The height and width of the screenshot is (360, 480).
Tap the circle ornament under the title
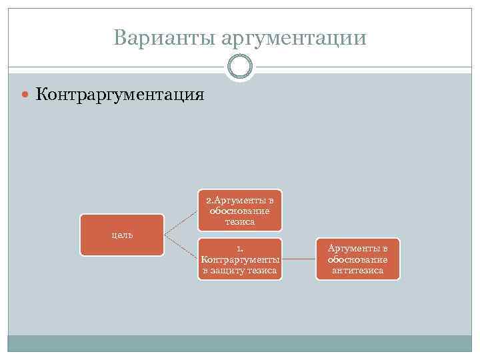pyautogui.click(x=240, y=67)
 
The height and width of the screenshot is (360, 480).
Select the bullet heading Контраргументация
pyautogui.click(x=120, y=94)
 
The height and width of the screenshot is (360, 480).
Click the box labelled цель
pyautogui.click(x=122, y=235)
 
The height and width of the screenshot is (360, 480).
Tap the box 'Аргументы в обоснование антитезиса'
pyautogui.click(x=358, y=259)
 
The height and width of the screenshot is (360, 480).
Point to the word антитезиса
pyautogui.click(x=358, y=270)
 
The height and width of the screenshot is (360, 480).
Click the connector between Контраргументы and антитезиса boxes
pyautogui.click(x=299, y=259)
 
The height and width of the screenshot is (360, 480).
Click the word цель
pyautogui.click(x=122, y=235)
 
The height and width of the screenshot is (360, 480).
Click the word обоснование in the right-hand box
pyautogui.click(x=358, y=259)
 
